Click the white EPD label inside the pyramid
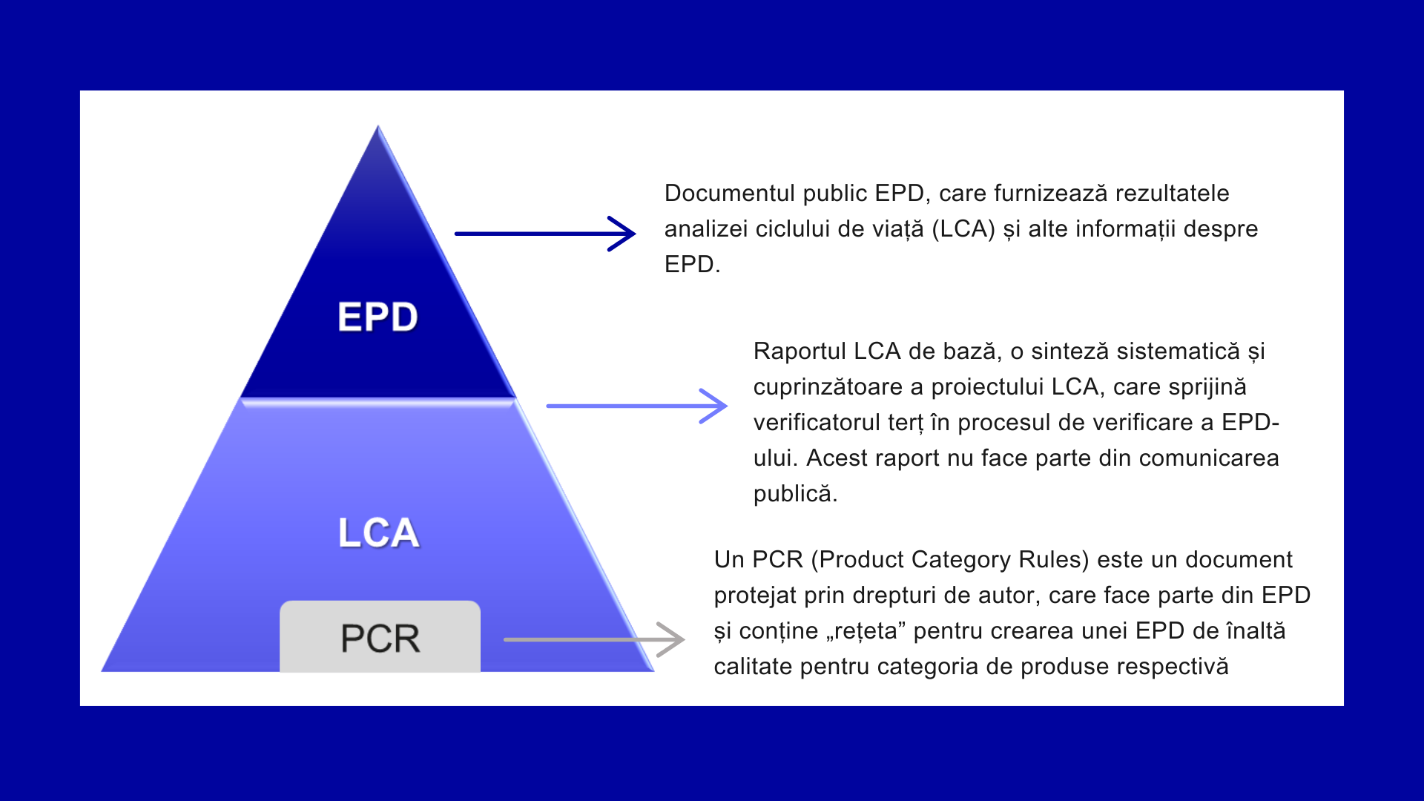tap(378, 317)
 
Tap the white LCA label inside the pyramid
tap(378, 533)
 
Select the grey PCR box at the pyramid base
tap(380, 637)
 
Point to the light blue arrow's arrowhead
tap(716, 406)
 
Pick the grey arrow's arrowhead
tap(673, 639)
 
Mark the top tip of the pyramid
tap(378, 128)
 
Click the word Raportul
tap(800, 351)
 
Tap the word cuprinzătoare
tap(838, 386)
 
